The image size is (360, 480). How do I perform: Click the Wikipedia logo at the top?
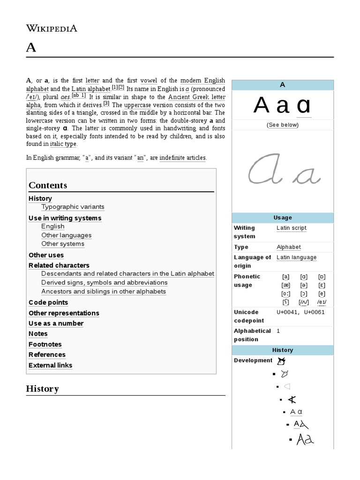(52, 28)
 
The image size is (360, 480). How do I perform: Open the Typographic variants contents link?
(73, 207)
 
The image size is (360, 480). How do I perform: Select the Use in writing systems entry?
(65, 218)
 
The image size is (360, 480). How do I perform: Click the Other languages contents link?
(66, 235)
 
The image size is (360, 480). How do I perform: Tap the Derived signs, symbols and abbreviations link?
(104, 283)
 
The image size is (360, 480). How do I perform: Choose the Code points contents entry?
(48, 302)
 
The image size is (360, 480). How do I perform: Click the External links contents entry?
(50, 365)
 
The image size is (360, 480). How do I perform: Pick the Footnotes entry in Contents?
(45, 344)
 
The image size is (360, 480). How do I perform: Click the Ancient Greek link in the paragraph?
(193, 97)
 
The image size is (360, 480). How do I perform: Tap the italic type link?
(63, 144)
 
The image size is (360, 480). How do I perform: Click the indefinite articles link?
(182, 158)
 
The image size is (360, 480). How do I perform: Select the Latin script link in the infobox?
(291, 228)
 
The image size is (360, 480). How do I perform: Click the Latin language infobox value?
(296, 257)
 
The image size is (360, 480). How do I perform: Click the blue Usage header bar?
(282, 217)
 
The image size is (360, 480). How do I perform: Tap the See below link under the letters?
(282, 125)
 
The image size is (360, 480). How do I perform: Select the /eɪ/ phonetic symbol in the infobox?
(322, 302)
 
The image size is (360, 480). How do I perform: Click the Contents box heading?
(48, 185)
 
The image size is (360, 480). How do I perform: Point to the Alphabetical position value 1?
(278, 331)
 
